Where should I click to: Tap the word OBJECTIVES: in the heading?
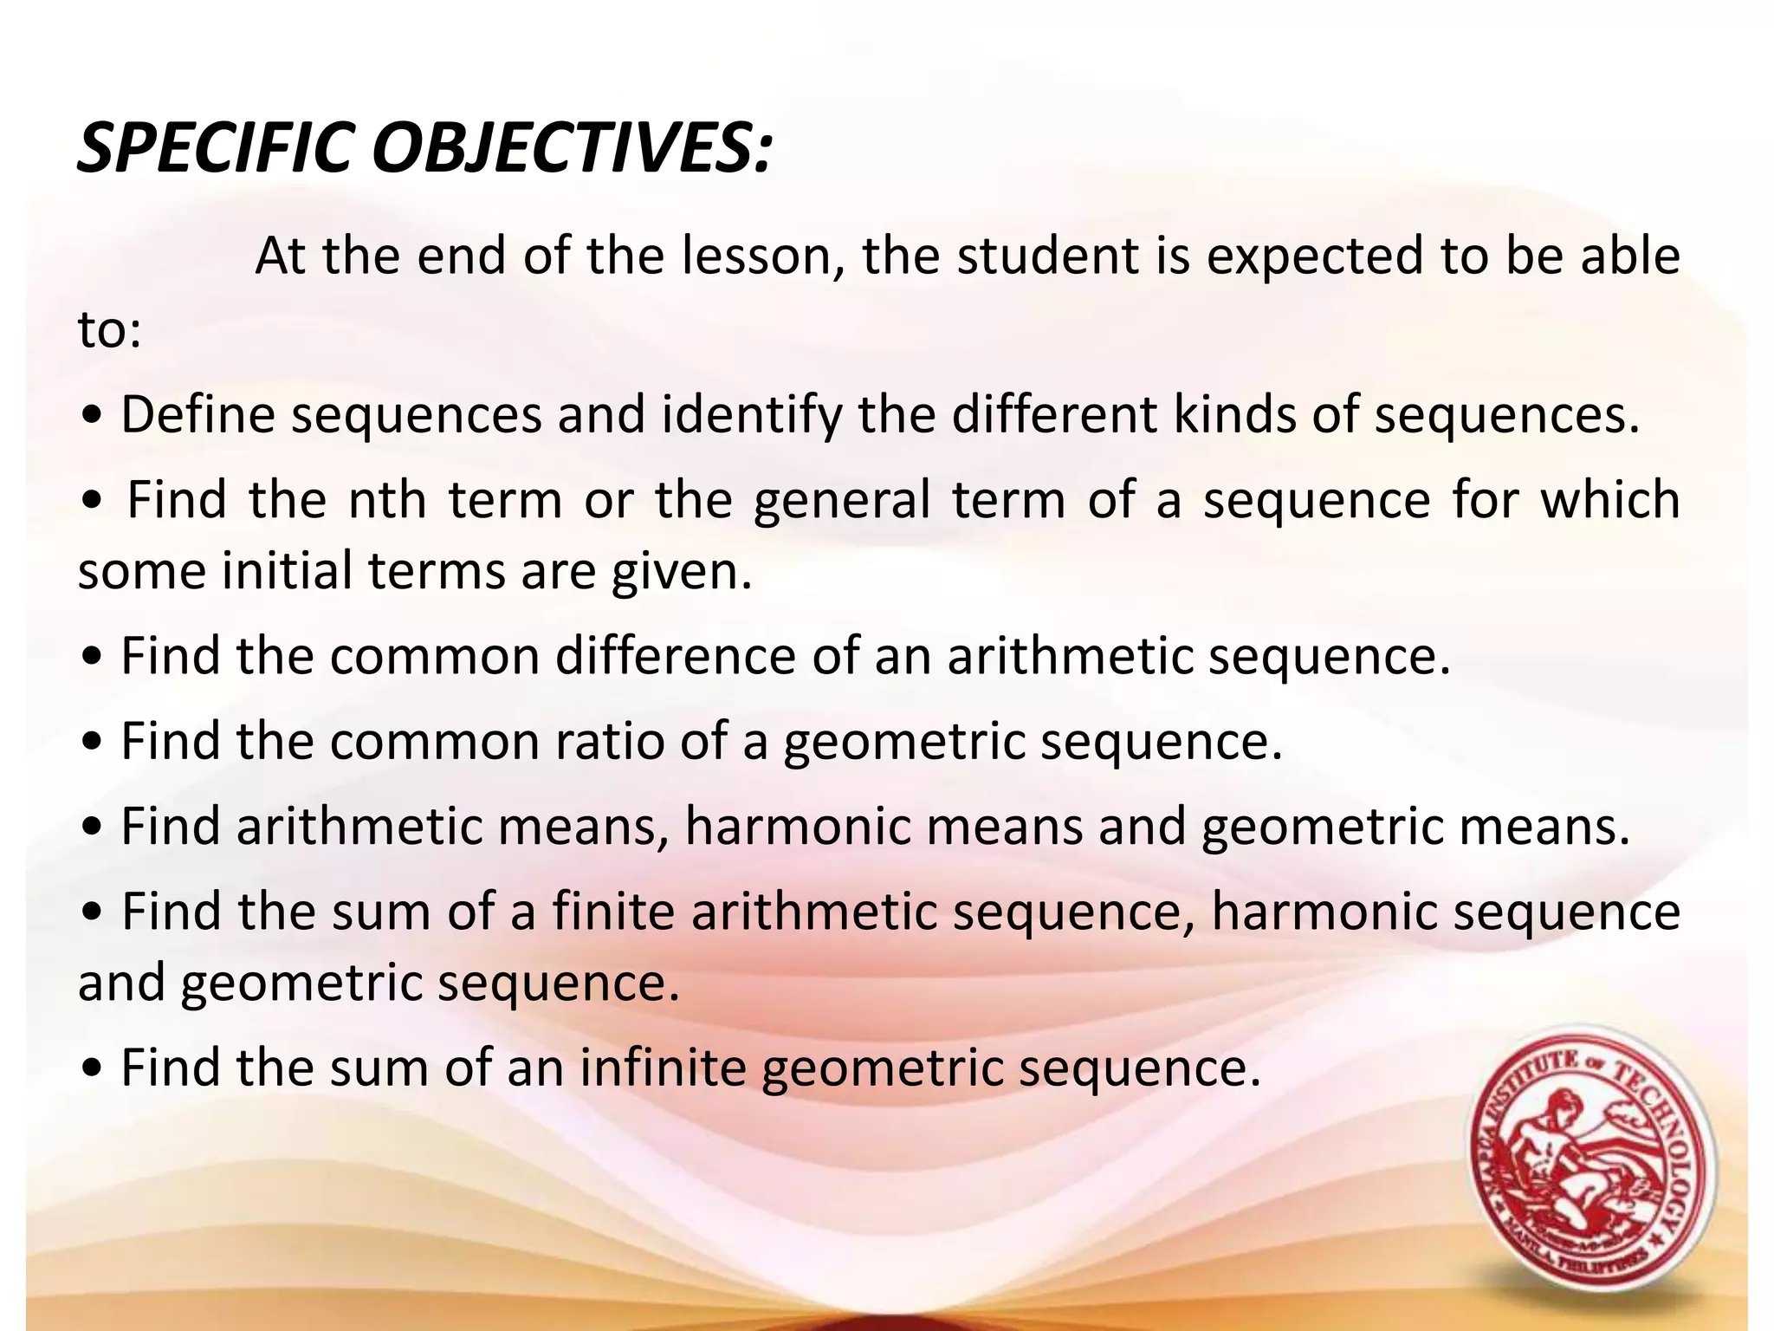pyautogui.click(x=572, y=147)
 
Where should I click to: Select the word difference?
pyautogui.click(x=676, y=655)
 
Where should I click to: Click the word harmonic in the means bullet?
pyautogui.click(x=798, y=826)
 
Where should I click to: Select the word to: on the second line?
pyautogui.click(x=109, y=330)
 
